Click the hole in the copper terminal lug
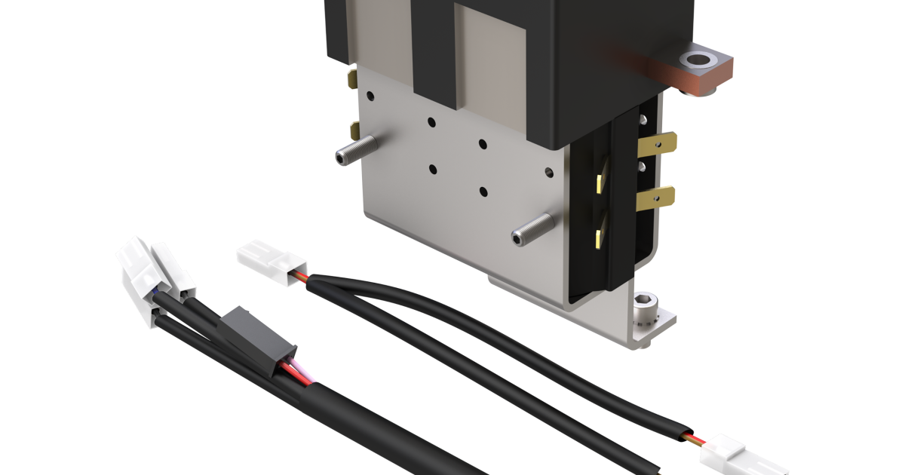692,60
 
